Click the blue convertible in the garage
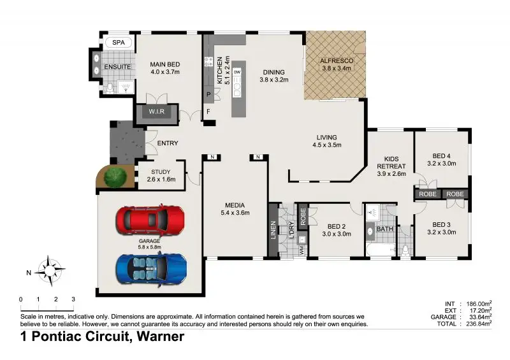coord(152,267)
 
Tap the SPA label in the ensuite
coord(119,43)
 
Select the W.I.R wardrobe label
coord(157,113)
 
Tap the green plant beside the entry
coord(115,177)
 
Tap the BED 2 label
coord(337,226)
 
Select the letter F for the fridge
coord(208,112)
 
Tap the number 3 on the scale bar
coord(73,299)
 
